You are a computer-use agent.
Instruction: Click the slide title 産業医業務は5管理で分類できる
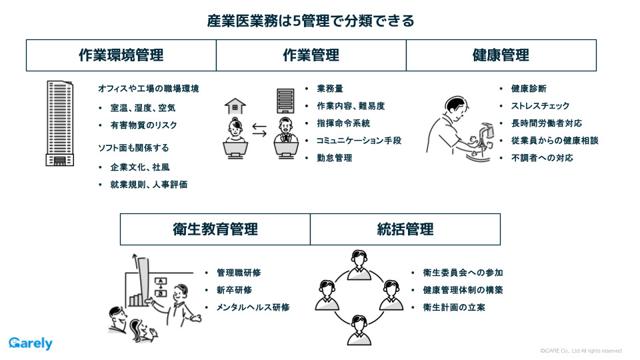pyautogui.click(x=311, y=21)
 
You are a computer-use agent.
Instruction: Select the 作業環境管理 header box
pyautogui.click(x=121, y=55)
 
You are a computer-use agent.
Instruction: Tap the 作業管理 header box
pyautogui.click(x=311, y=55)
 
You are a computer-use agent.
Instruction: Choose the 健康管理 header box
pyautogui.click(x=501, y=55)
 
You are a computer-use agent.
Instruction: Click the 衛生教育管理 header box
pyautogui.click(x=215, y=229)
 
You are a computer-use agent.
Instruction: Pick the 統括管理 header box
pyautogui.click(x=405, y=229)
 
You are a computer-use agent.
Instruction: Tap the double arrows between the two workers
pyautogui.click(x=259, y=129)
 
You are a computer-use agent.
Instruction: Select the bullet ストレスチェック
pyautogui.click(x=540, y=106)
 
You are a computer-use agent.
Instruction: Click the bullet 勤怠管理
pyautogui.click(x=334, y=158)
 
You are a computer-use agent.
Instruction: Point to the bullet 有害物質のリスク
pyautogui.click(x=143, y=125)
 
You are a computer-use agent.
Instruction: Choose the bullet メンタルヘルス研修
pyautogui.click(x=253, y=307)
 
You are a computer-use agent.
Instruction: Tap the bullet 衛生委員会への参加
pyautogui.click(x=463, y=273)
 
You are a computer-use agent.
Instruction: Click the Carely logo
pyautogui.click(x=31, y=344)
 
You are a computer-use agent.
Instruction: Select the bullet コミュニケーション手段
pyautogui.click(x=359, y=141)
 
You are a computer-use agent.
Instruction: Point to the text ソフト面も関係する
pyautogui.click(x=133, y=147)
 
